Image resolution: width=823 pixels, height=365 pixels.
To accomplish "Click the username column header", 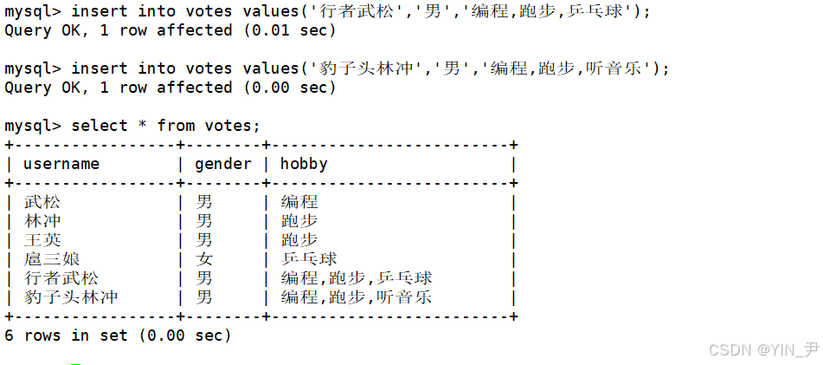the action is (x=61, y=164).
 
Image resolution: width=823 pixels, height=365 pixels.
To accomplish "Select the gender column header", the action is (x=222, y=164).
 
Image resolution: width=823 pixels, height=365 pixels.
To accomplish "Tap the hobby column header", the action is (x=304, y=164).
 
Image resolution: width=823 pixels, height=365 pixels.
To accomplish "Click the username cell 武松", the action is (x=42, y=202).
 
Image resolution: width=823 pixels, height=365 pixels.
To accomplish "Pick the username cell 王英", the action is (x=42, y=240).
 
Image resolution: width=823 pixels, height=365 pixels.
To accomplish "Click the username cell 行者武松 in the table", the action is (x=61, y=278).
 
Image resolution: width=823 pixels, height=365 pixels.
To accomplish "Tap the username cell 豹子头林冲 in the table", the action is (x=71, y=297).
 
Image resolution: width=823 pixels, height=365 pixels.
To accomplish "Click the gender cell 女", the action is (x=204, y=259).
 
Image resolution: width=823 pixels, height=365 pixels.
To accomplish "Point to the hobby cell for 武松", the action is (x=299, y=202).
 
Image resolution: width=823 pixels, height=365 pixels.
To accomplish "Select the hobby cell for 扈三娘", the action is (x=309, y=259).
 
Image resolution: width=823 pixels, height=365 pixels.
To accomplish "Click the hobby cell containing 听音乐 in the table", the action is (x=356, y=297).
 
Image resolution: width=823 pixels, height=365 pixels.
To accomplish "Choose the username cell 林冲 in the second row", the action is (x=42, y=221).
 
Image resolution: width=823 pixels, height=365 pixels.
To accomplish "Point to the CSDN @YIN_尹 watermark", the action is (x=762, y=349).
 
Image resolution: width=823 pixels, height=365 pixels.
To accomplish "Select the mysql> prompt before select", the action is (x=33, y=126).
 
